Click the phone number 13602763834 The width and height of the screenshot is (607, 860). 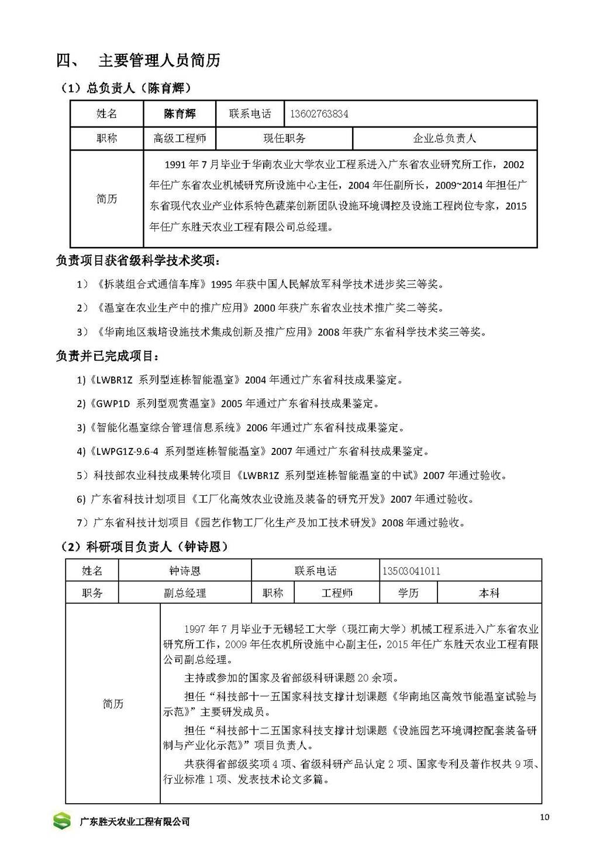(319, 114)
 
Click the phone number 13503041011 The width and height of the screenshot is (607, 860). (411, 571)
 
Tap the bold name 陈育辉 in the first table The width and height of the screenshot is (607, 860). (180, 114)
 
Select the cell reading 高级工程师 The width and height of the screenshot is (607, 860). (180, 139)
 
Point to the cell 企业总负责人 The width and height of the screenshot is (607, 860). (444, 139)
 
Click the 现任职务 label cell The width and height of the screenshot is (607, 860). (284, 139)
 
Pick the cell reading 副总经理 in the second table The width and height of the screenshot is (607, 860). (185, 593)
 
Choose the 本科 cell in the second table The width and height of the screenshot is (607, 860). (489, 593)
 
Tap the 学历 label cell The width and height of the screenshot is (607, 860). (408, 593)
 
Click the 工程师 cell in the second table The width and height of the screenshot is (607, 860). (337, 593)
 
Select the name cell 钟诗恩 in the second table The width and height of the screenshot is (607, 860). (185, 571)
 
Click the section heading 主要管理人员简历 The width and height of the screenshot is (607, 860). (159, 60)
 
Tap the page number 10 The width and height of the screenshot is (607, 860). (545, 818)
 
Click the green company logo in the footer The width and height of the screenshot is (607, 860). (62, 821)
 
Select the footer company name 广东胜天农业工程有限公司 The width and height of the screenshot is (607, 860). (134, 822)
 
